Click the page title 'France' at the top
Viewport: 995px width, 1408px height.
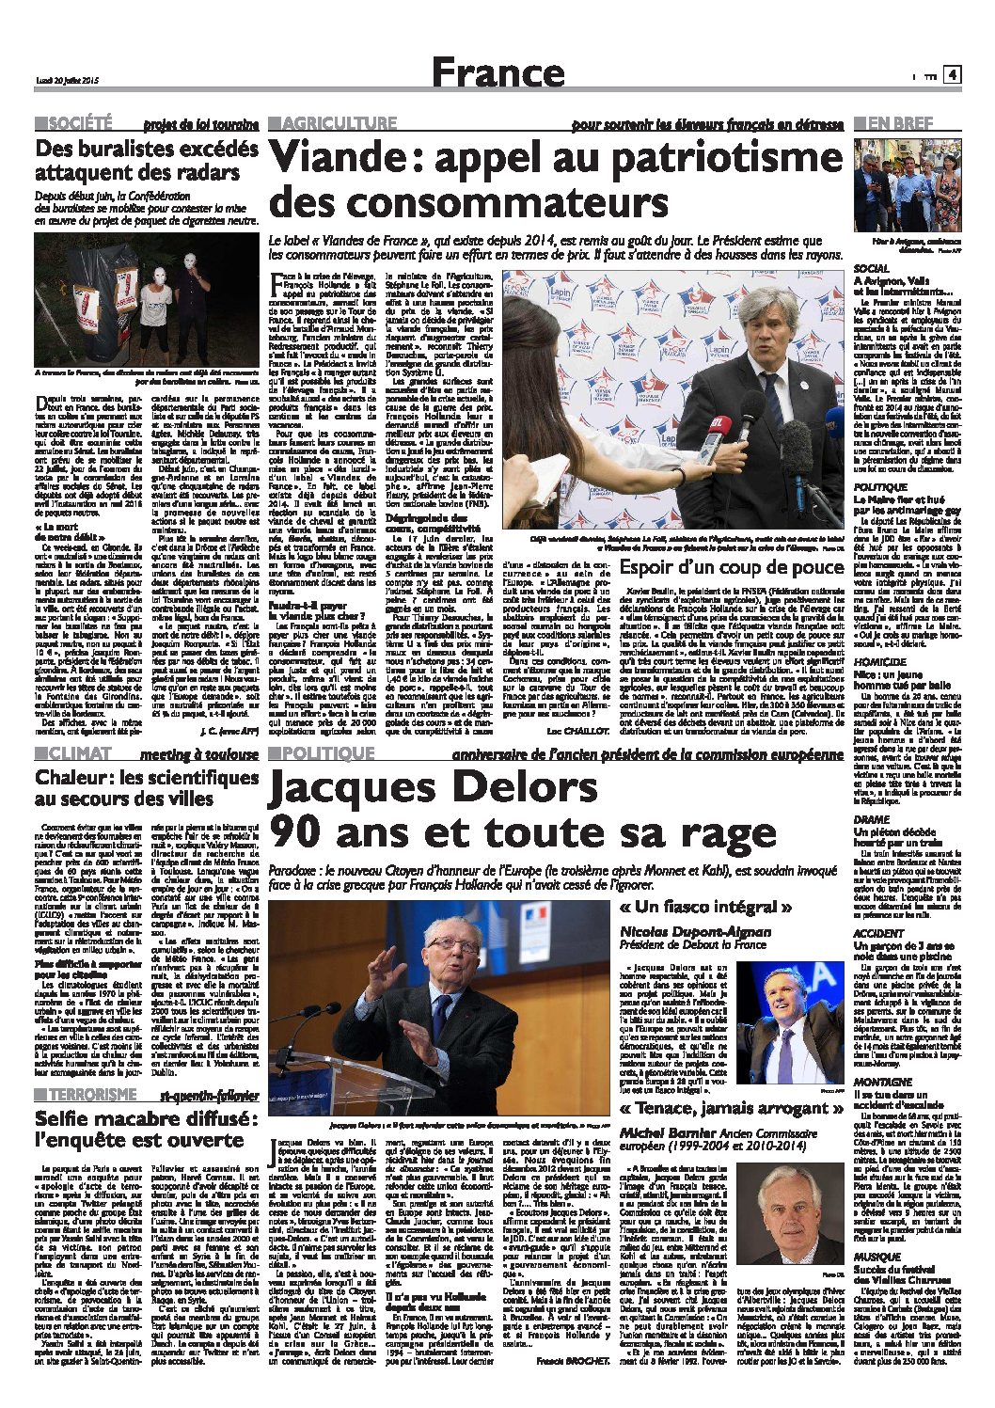pos(498,72)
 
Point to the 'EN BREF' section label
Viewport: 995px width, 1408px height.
pos(900,123)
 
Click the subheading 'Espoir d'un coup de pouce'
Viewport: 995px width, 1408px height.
pos(732,566)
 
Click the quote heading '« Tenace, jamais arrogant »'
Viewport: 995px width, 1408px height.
pos(732,1107)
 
